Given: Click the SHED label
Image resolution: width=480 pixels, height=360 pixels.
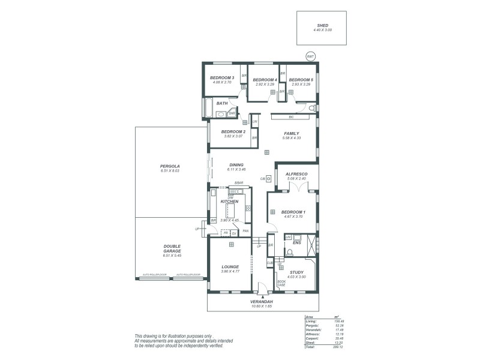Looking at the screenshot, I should click(x=322, y=26).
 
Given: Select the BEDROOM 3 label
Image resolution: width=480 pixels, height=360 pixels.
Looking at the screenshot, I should click(x=221, y=78).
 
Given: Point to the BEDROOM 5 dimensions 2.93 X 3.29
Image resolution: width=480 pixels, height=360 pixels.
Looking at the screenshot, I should click(x=301, y=84).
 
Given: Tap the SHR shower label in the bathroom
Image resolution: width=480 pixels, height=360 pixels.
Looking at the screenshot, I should click(x=232, y=113).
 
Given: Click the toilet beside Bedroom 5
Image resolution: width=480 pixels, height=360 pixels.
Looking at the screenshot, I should click(x=313, y=108).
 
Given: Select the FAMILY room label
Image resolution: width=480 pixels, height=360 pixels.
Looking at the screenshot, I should click(x=292, y=133).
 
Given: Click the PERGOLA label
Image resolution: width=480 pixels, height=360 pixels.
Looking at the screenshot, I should click(x=170, y=166).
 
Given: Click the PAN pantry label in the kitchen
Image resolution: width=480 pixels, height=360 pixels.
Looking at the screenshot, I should click(x=246, y=230).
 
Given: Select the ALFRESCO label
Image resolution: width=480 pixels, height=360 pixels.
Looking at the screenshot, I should click(x=296, y=173).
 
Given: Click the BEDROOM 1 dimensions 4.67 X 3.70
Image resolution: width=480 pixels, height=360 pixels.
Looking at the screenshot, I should click(x=293, y=217).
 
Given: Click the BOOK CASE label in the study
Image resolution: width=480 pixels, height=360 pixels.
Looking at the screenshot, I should click(x=281, y=283).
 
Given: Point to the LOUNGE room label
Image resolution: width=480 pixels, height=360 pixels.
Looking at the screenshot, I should click(x=230, y=266).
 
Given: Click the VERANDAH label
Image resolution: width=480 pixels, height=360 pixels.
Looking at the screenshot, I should click(x=262, y=301).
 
